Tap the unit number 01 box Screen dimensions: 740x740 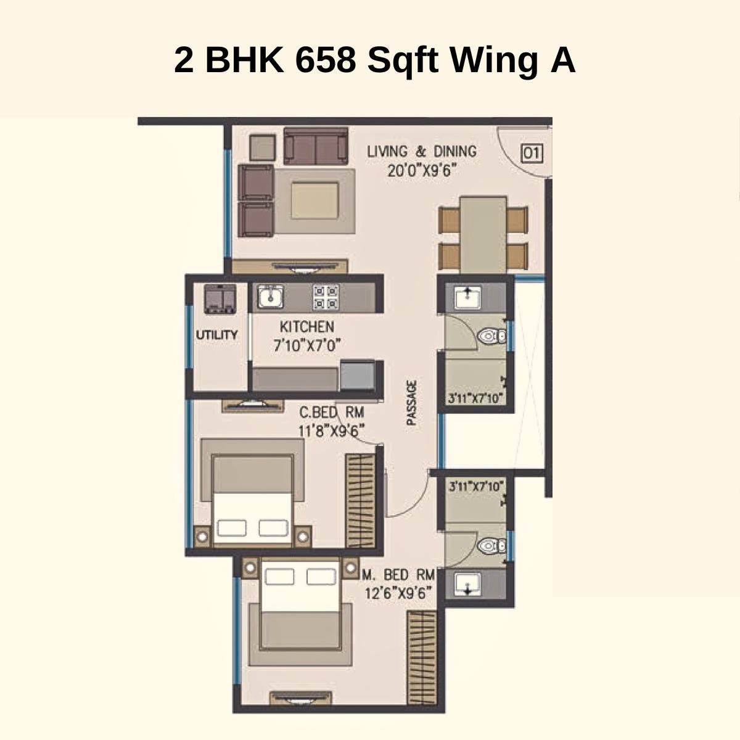click(x=532, y=152)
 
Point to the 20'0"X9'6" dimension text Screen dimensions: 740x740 click(x=421, y=171)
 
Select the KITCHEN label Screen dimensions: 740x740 click(x=306, y=327)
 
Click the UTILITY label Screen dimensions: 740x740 click(x=216, y=335)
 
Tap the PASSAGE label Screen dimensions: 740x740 click(x=411, y=403)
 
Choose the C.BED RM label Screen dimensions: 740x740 click(x=331, y=412)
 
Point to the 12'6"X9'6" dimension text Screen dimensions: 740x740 click(x=398, y=593)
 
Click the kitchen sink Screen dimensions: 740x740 click(x=269, y=297)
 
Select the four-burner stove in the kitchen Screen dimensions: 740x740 click(x=325, y=297)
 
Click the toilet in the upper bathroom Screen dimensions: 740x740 click(x=490, y=336)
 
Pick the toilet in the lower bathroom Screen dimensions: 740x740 click(x=490, y=545)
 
